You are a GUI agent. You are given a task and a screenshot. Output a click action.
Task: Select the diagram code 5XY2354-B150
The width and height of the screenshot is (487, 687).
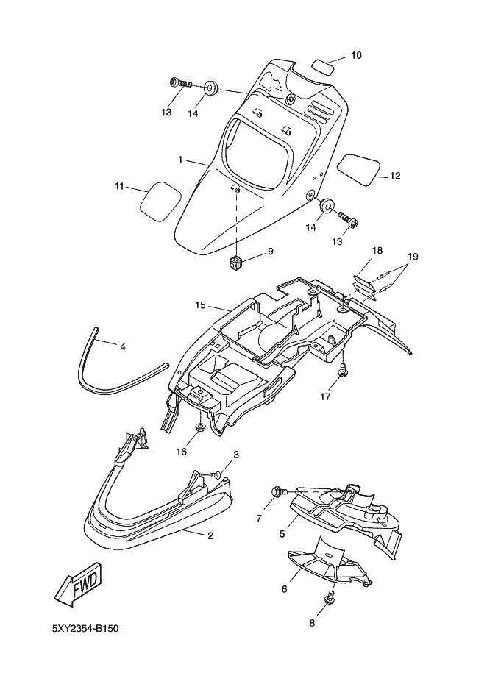click(x=85, y=628)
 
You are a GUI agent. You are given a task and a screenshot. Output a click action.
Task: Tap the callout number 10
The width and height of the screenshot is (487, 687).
click(x=356, y=55)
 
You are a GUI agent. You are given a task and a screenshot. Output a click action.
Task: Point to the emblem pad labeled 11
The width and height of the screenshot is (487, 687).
click(x=160, y=200)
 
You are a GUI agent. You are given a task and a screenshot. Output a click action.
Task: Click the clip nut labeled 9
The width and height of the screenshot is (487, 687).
click(x=235, y=263)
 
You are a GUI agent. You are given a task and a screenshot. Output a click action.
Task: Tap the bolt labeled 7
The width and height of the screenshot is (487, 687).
click(x=280, y=492)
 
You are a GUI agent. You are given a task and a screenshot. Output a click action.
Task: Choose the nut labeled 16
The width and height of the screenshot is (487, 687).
click(x=200, y=427)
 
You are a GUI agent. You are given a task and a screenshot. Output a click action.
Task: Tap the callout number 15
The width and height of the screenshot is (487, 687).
click(x=200, y=305)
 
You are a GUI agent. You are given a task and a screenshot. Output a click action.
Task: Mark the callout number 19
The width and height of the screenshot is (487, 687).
click(x=413, y=257)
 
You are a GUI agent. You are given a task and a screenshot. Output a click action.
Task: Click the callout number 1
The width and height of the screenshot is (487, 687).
click(x=180, y=160)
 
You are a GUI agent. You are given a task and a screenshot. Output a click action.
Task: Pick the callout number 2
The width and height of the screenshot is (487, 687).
click(x=210, y=535)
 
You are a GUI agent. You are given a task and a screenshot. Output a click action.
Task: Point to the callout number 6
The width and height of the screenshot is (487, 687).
click(x=284, y=589)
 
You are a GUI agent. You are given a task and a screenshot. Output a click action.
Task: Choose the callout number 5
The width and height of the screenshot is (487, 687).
click(x=282, y=534)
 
